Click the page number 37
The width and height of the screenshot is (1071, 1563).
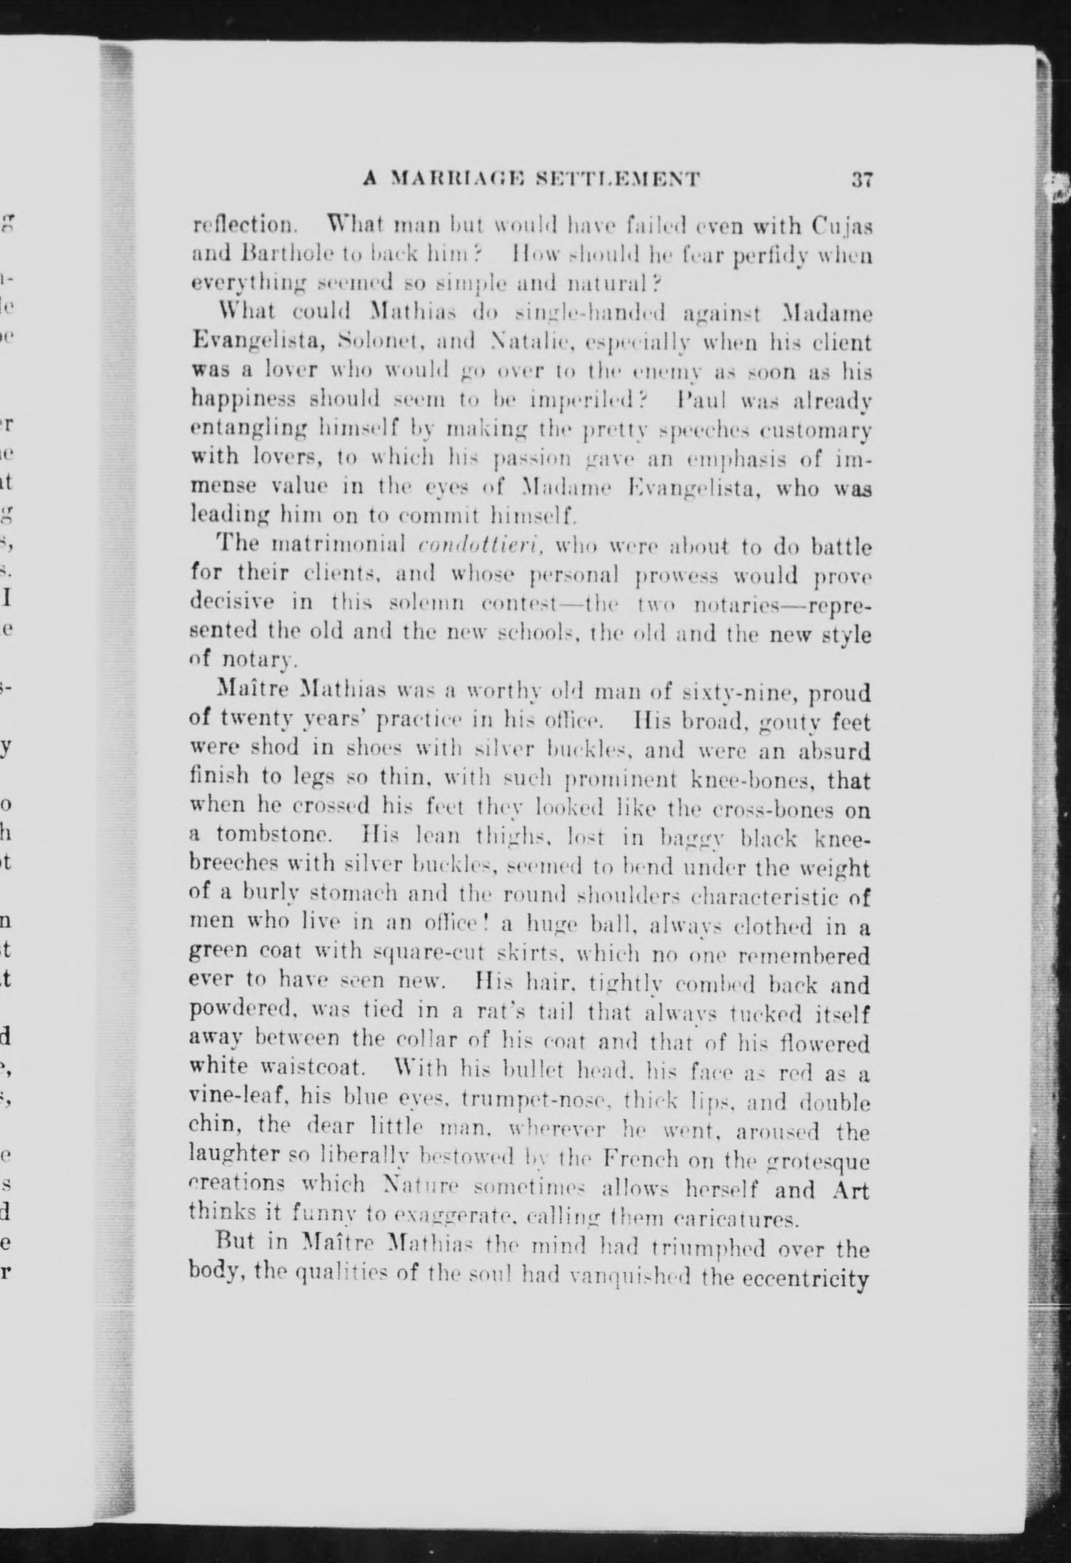pos(861,180)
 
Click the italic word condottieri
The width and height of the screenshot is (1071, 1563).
pos(479,545)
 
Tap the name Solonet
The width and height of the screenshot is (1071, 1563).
pos(378,342)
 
